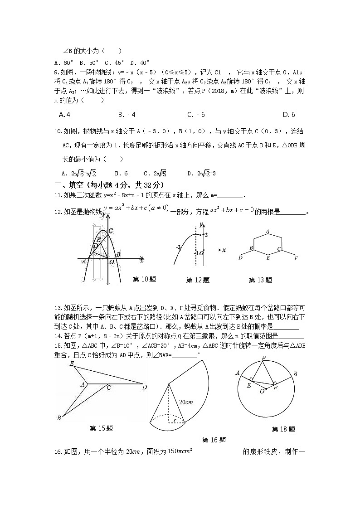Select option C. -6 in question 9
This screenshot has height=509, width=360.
point(196,115)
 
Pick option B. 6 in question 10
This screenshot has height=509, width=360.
point(121,173)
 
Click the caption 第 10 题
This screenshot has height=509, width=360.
point(144,279)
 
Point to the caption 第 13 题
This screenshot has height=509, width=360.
point(260,280)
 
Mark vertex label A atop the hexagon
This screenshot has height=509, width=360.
point(268,232)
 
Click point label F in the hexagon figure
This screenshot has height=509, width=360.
point(296,258)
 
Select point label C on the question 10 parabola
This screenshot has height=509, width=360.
point(110,231)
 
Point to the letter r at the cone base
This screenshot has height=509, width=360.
point(175,420)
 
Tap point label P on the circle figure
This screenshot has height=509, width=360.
point(263,358)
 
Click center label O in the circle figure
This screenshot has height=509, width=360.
point(262,391)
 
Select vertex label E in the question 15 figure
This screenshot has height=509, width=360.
point(72,364)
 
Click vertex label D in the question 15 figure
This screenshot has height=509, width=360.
point(144,387)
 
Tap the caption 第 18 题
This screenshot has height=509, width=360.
point(283,429)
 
